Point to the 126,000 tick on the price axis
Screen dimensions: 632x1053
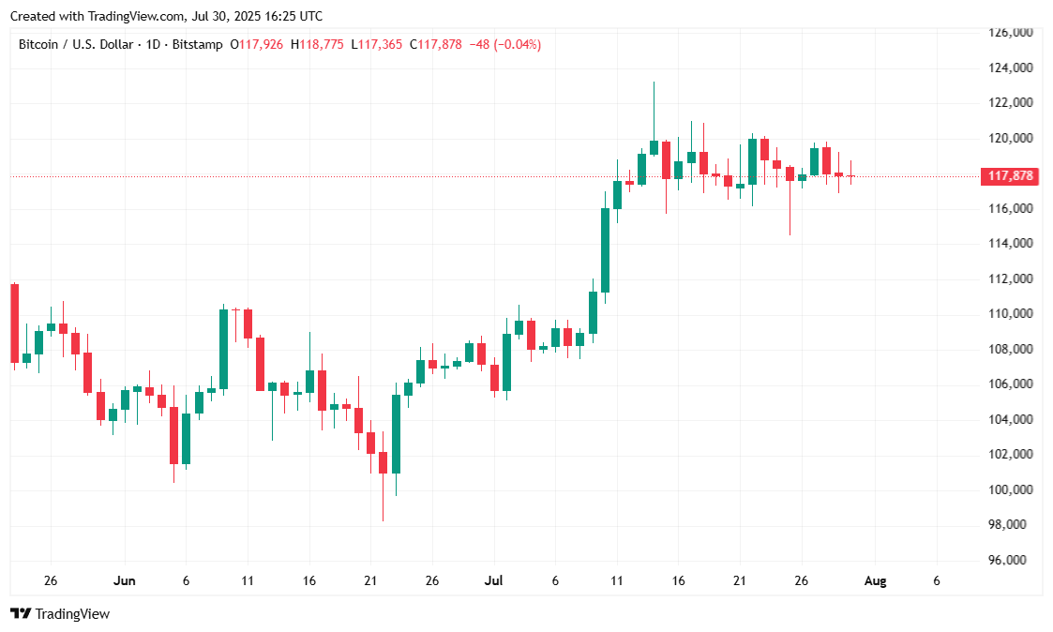pos(1011,33)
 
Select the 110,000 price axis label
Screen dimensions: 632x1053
pos(1011,313)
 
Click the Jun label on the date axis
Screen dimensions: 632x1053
pos(124,580)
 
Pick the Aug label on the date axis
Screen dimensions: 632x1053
pos(874,580)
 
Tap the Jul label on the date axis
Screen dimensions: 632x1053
pos(494,580)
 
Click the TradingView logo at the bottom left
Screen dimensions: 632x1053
pos(60,613)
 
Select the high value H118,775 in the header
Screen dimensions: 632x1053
pos(318,44)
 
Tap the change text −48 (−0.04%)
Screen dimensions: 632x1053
pos(504,44)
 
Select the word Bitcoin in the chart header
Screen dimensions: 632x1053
pos(38,44)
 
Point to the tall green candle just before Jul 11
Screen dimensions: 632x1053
pos(606,250)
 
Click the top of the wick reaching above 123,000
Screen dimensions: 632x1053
pos(654,83)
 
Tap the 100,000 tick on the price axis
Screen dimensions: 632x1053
pos(1011,489)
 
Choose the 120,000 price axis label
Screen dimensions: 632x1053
pos(1011,138)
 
